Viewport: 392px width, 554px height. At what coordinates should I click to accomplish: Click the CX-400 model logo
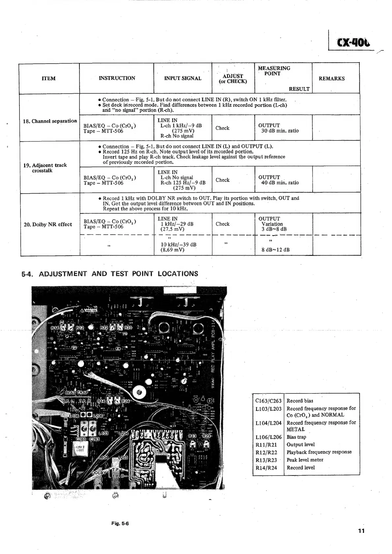coord(352,43)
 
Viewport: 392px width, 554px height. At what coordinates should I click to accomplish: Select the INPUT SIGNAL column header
coord(182,78)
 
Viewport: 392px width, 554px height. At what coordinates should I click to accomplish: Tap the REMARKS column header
coord(331,78)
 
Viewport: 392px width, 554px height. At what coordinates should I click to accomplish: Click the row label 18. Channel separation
coord(50,121)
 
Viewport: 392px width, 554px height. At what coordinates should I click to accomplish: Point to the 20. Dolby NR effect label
coord(48,225)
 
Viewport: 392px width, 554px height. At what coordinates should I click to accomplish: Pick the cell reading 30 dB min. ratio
coord(280,131)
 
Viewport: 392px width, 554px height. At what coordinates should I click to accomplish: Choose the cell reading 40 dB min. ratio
coord(280,183)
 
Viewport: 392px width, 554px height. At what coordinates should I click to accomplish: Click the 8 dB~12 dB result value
coord(275,250)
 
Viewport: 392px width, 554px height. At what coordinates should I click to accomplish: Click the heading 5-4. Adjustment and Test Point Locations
coord(110,274)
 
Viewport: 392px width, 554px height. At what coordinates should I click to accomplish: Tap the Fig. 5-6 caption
coord(120,523)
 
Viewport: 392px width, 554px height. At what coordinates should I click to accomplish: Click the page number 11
coord(361,531)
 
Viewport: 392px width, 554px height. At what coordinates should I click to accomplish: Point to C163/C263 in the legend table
coord(268,401)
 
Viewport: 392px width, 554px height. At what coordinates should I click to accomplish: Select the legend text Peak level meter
coord(305,460)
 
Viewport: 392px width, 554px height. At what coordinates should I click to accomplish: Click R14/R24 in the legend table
coord(266,468)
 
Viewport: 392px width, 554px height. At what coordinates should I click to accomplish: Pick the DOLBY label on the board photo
coord(99,473)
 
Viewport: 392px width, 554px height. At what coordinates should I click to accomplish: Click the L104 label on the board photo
coord(104,458)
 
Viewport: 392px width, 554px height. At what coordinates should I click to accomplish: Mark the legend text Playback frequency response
coord(319,452)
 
